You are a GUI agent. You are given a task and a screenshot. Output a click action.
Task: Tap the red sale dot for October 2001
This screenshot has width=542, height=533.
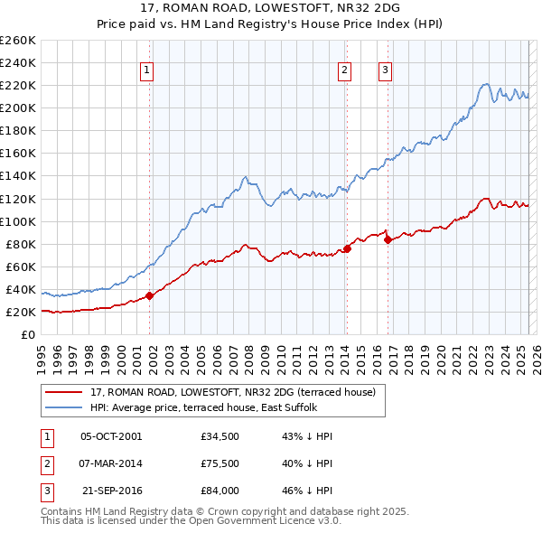[149, 295]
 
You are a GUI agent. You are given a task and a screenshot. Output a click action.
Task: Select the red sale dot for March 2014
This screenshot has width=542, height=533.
[347, 248]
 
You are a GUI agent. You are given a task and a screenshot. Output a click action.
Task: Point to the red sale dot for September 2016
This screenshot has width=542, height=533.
[388, 239]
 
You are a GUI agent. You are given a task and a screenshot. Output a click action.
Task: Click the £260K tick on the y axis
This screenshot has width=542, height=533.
[17, 41]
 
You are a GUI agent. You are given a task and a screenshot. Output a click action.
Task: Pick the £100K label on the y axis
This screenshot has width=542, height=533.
[17, 221]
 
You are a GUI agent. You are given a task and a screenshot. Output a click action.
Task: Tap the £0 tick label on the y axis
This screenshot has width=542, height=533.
[27, 334]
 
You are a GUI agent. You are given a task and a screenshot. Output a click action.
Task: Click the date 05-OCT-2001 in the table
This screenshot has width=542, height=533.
[111, 436]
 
